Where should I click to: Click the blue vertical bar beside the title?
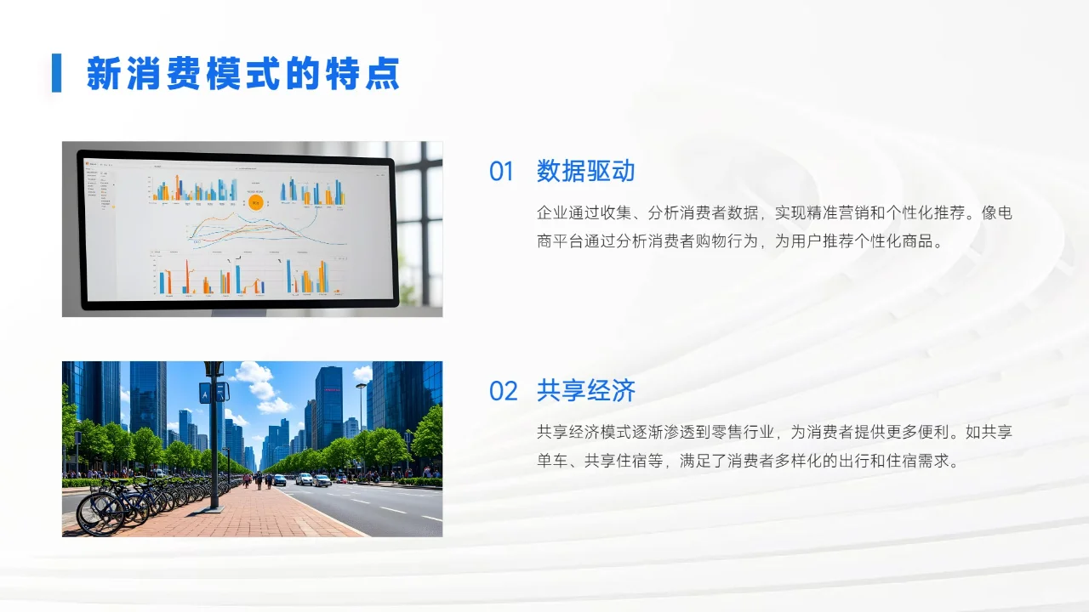56,73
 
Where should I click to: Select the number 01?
501,172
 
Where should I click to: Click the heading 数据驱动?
585,172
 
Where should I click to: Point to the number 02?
503,391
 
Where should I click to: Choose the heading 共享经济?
585,391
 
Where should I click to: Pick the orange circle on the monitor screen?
255,201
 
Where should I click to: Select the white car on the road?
304,479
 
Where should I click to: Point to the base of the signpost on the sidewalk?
214,508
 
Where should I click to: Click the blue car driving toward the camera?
279,480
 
